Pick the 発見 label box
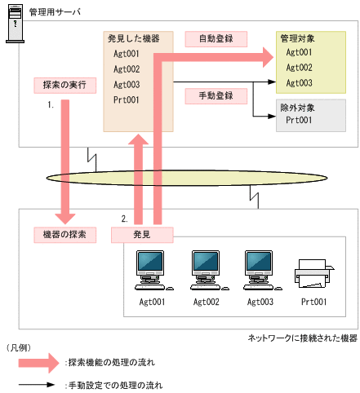point(143,234)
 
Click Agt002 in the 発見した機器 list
point(127,69)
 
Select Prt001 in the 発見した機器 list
point(127,100)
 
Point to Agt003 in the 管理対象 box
point(300,83)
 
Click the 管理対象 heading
point(300,38)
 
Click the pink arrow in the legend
point(35,361)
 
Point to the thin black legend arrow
point(35,384)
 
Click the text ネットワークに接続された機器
point(301,338)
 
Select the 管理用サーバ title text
point(55,12)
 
